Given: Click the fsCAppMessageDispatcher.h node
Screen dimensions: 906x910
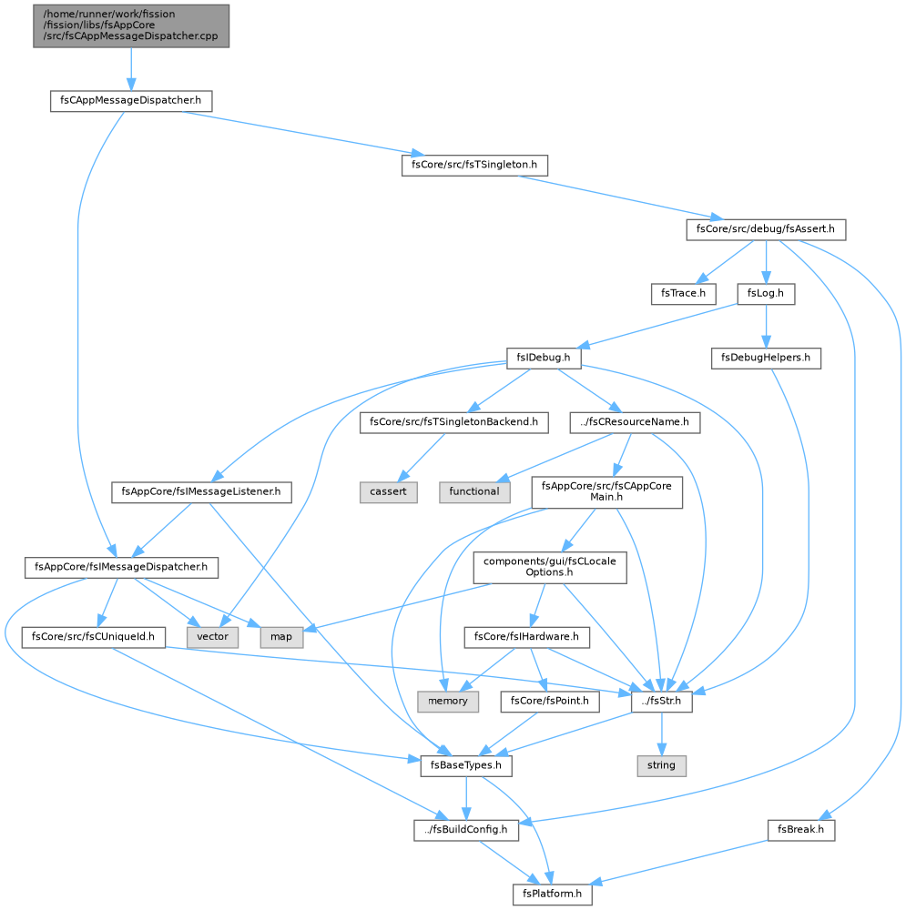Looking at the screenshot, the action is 131,101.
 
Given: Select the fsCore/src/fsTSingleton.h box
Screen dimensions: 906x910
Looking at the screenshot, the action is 473,166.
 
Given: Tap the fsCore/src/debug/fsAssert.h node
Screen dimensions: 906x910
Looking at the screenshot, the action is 766,230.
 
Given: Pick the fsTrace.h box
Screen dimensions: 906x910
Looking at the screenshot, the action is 683,294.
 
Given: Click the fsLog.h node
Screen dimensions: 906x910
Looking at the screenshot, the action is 766,294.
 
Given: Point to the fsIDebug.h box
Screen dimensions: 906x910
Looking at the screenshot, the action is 543,358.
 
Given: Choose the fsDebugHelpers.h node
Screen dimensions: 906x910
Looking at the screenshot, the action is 766,358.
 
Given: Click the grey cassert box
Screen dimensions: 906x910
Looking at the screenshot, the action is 388,492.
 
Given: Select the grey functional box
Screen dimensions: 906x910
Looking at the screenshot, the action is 473,492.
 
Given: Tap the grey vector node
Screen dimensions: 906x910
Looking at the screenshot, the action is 212,637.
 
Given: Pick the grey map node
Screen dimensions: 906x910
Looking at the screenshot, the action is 281,637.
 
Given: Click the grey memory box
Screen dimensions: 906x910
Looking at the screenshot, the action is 447,702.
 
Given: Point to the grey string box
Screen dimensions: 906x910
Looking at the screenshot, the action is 661,766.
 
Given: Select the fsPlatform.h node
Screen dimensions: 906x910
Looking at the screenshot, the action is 552,895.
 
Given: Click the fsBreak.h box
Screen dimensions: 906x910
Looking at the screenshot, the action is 800,830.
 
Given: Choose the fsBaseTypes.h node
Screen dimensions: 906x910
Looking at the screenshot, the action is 466,766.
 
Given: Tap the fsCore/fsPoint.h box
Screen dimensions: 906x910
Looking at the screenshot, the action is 549,702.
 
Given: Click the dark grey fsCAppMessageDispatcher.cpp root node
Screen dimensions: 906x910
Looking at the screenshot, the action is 131,25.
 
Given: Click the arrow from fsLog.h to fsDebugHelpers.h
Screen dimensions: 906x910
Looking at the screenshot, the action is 766,326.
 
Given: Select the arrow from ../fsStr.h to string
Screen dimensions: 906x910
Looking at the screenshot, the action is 661,733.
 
